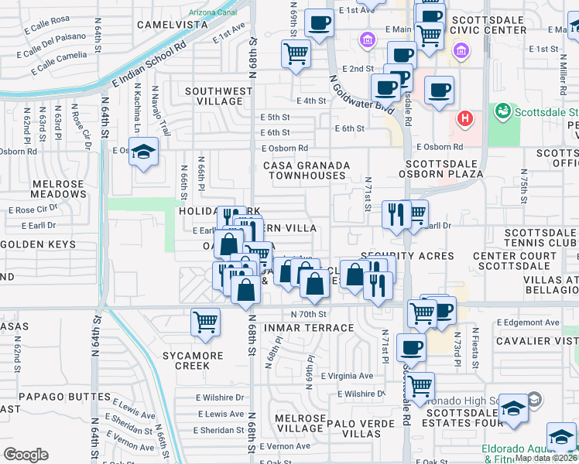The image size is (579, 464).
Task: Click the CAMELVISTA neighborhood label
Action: click(x=173, y=24)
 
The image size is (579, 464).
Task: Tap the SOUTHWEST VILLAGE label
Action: click(x=219, y=96)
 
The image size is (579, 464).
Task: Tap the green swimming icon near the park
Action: click(x=504, y=112)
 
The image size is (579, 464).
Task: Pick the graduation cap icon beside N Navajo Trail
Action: click(x=143, y=152)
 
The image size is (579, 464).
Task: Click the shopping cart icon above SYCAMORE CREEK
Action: click(x=205, y=322)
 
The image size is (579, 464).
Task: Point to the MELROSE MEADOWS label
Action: click(x=47, y=188)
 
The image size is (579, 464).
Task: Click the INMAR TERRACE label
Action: click(x=309, y=328)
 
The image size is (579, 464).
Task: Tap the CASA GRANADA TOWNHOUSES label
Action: click(x=307, y=170)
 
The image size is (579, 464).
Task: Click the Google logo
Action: click(x=26, y=455)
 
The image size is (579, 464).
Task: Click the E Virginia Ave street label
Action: click(x=344, y=376)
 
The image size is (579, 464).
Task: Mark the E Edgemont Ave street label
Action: click(x=528, y=322)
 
